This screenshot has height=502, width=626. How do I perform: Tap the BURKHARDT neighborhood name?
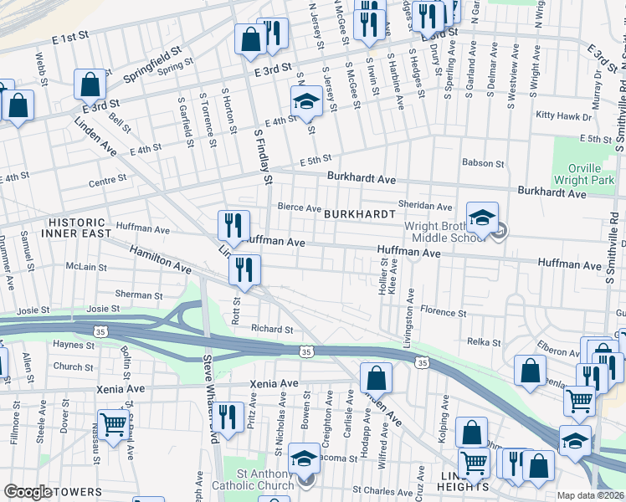[x=360, y=214]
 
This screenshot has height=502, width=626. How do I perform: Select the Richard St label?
[x=272, y=329]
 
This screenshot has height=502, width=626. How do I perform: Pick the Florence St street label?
[x=443, y=311]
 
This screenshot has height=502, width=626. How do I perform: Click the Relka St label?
[x=484, y=342]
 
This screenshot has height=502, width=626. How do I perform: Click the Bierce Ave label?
[x=300, y=208]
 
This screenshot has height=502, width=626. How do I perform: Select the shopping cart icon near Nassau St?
[x=113, y=423]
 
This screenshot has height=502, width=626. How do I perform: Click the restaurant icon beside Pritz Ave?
[x=226, y=416]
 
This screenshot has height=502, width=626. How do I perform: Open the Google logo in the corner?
[x=28, y=492]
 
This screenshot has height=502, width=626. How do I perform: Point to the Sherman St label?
[x=138, y=295]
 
